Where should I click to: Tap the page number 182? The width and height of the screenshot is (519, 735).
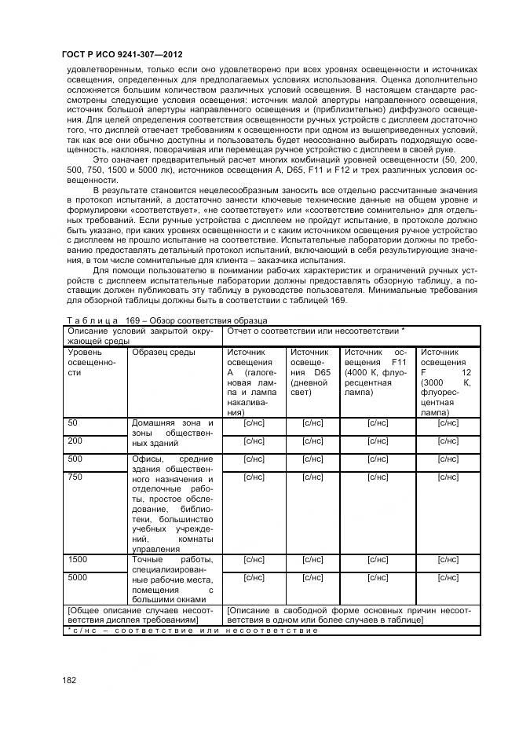coord(69,679)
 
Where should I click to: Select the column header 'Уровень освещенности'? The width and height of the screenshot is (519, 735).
coord(90,363)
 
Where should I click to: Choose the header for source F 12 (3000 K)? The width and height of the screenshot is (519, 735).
coord(448,382)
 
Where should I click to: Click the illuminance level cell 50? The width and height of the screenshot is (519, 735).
coord(73,423)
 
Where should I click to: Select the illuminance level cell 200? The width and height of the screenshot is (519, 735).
coord(75,441)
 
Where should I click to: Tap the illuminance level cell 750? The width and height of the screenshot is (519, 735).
coord(75,477)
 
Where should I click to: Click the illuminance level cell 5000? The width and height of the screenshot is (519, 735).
coord(78,577)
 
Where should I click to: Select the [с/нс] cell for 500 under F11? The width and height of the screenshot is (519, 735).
coord(378,459)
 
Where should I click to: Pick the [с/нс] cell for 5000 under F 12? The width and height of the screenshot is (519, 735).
coord(448,577)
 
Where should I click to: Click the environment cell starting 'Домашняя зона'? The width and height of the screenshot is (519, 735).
coord(172,433)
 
